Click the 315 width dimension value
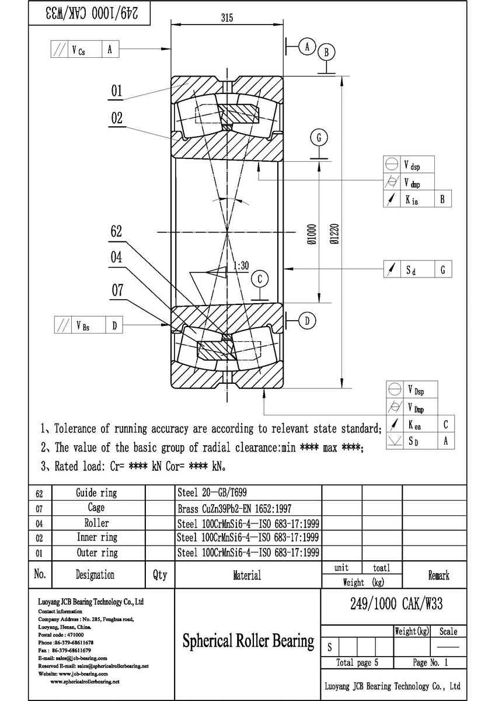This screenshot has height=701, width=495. click(x=227, y=18)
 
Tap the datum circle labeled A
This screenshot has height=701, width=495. click(x=307, y=46)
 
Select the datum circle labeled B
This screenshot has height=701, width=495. click(x=327, y=53)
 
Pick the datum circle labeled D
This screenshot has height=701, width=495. click(x=307, y=320)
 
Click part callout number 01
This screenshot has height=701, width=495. click(x=117, y=91)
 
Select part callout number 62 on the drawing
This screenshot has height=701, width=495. click(x=117, y=231)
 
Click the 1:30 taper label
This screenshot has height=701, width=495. click(x=240, y=266)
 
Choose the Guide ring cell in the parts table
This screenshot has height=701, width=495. click(x=96, y=493)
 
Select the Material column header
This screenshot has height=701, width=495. click(x=247, y=575)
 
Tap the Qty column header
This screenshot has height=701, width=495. click(x=160, y=575)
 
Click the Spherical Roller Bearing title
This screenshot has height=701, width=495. click(x=248, y=641)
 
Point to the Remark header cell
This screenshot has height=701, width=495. click(x=438, y=575)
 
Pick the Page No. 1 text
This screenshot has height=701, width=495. click(x=430, y=662)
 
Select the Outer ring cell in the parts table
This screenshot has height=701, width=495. click(x=97, y=553)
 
